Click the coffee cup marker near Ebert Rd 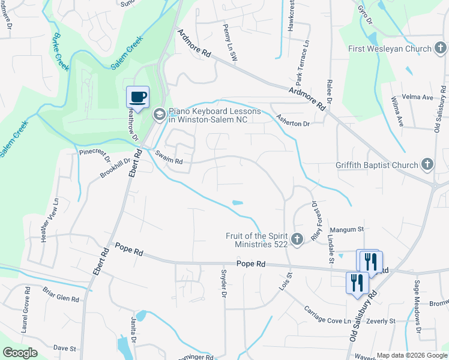pyautogui.click(x=137, y=97)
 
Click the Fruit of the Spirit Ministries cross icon pyautogui.click(x=297, y=240)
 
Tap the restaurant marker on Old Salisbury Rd pyautogui.click(x=357, y=281)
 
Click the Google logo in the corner pyautogui.click(x=20, y=353)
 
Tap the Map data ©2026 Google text pyautogui.click(x=412, y=355)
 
